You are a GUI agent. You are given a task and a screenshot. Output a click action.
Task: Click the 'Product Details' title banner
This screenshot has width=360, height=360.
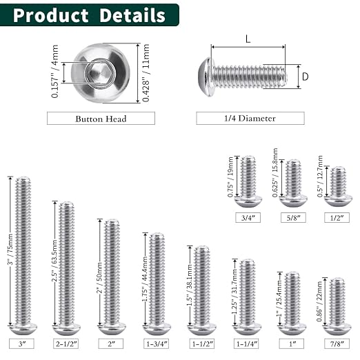click(x=90, y=15)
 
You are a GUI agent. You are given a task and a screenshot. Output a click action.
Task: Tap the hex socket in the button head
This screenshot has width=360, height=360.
click(x=101, y=72)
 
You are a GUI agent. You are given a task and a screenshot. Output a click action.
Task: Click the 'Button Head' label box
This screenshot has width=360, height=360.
click(x=101, y=119)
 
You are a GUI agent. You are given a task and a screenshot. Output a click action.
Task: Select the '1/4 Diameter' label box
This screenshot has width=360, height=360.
click(x=250, y=119)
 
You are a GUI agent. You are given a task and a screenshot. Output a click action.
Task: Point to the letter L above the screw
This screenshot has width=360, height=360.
click(x=248, y=40)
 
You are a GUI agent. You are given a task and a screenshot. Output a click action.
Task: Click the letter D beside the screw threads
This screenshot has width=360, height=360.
click(x=305, y=77)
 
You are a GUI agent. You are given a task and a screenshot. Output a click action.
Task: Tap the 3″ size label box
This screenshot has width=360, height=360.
click(x=22, y=343)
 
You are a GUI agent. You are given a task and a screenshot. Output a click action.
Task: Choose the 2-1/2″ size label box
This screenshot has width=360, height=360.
click(x=67, y=343)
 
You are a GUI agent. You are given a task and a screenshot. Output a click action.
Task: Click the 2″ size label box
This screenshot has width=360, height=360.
click(x=112, y=343)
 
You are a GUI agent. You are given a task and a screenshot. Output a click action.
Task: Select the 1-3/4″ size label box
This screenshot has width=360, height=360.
click(x=157, y=343)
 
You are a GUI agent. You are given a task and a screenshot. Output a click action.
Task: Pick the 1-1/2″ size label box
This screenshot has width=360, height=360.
click(x=201, y=343)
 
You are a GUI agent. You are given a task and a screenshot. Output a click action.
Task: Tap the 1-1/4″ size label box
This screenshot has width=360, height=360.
click(x=247, y=343)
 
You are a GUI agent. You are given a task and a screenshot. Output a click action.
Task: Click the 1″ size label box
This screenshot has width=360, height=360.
click(x=292, y=343)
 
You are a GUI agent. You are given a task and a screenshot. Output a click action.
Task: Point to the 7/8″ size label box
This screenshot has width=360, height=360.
click(x=337, y=343)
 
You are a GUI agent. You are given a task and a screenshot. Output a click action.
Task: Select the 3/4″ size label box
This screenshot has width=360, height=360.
click(x=248, y=218)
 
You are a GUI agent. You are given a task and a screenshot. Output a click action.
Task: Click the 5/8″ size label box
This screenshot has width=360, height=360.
click(x=293, y=218)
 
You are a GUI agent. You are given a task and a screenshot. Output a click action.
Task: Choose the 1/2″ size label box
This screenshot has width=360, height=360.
click(x=337, y=218)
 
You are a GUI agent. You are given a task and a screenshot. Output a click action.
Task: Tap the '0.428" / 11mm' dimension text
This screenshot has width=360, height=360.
click(x=146, y=73)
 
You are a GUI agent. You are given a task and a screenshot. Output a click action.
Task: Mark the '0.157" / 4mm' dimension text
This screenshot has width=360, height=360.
click(x=55, y=73)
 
